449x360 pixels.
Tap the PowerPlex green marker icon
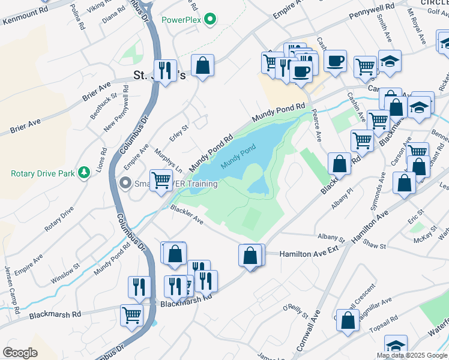click(209, 20)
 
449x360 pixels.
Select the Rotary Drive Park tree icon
click(85, 173)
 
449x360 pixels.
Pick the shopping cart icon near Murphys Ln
click(160, 179)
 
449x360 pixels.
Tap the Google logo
click(20, 352)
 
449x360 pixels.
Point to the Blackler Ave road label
click(188, 216)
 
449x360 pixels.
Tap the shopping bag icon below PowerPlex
click(203, 66)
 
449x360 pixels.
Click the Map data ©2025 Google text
click(411, 355)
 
